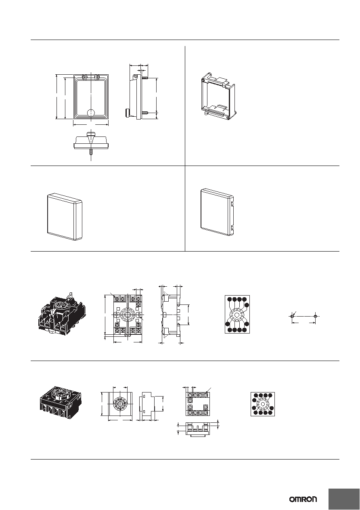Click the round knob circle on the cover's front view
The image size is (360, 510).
tap(91, 113)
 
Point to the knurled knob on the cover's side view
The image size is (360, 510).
tap(126, 113)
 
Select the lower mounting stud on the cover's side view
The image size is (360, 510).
tap(145, 113)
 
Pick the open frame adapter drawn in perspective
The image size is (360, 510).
tap(218, 96)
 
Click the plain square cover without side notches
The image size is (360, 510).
tap(65, 217)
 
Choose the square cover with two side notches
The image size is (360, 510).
tap(218, 212)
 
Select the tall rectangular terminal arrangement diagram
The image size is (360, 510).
tap(237, 315)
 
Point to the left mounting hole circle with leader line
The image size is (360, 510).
tap(292, 316)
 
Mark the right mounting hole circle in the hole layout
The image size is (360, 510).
tap(315, 316)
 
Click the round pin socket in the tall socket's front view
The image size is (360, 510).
tap(128, 315)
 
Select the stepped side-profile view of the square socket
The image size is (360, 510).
tap(147, 405)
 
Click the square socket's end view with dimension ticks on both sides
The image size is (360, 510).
tap(197, 428)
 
